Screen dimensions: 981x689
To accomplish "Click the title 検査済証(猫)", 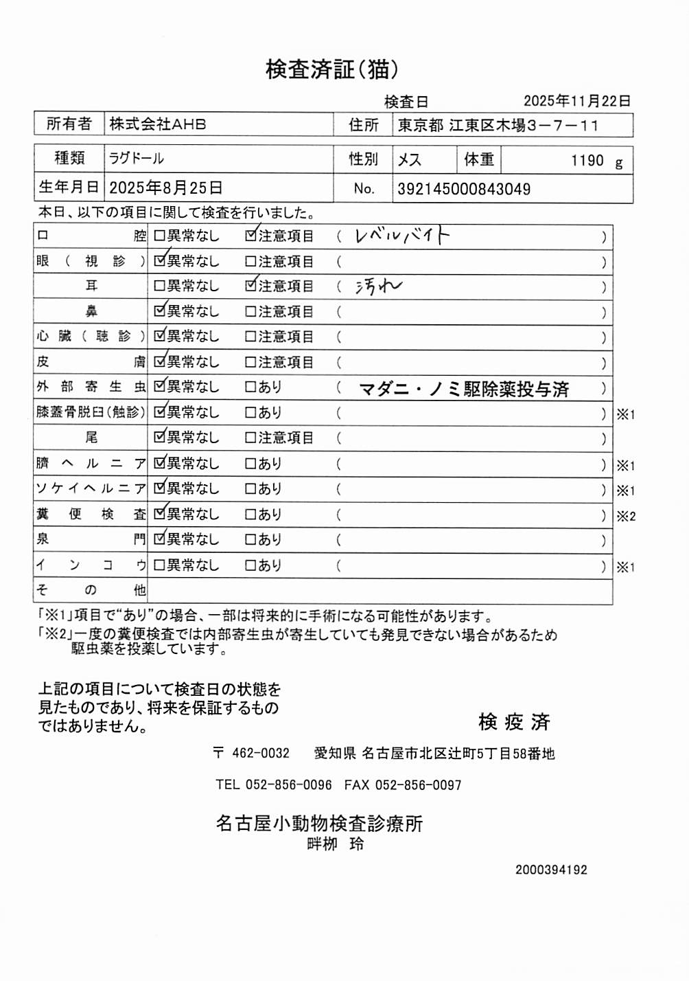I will (331, 69).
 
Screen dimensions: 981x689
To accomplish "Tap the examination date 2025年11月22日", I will (576, 101).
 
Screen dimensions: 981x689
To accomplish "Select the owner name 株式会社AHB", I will (158, 124).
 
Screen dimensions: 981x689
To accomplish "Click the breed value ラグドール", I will (137, 159).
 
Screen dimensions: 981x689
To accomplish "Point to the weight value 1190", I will (587, 161).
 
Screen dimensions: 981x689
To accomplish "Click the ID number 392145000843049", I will (464, 189).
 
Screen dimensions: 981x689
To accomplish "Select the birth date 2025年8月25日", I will (165, 188).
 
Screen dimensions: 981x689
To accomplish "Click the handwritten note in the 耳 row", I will (378, 286).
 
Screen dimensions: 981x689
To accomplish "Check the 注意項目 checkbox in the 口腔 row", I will (251, 236).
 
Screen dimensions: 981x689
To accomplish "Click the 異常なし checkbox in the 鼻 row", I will (160, 311).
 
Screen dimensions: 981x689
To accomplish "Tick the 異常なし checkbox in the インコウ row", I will (160, 565).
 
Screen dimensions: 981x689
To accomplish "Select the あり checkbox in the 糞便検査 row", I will (251, 515).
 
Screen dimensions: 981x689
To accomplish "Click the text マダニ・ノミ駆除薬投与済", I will (464, 390).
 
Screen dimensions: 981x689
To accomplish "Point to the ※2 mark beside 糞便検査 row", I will (626, 516).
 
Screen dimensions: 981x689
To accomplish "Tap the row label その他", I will (91, 590).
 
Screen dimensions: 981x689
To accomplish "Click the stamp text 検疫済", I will (514, 722).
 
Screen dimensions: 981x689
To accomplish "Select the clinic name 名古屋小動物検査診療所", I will (319, 823).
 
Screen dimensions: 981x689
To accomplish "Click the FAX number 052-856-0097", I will (418, 785).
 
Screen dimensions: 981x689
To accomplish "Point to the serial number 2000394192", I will (551, 870).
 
